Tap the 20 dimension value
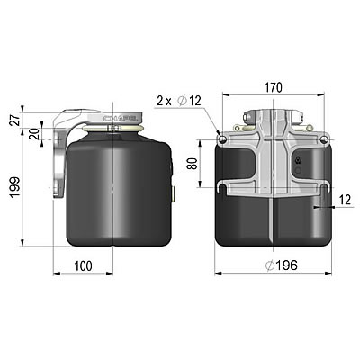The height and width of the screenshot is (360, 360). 34,134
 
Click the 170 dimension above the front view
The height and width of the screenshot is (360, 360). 274,88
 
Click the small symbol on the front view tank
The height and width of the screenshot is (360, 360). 300,163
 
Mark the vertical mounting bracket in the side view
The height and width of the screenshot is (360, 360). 58,162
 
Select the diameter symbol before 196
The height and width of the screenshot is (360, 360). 270,266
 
